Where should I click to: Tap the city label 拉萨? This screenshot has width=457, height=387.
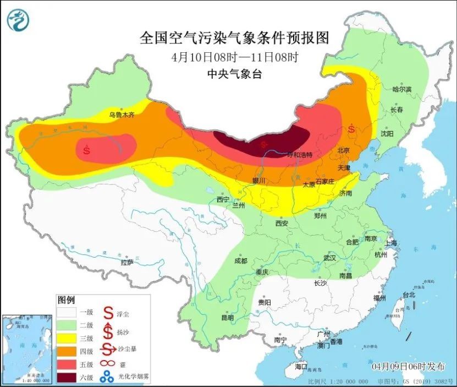pyautogui.click(x=127, y=263)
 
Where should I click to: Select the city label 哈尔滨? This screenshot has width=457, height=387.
pyautogui.click(x=402, y=89)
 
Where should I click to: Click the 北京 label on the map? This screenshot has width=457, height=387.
pyautogui.click(x=344, y=150)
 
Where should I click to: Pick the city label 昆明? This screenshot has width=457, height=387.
pyautogui.click(x=227, y=318)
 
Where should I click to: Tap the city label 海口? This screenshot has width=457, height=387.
pyautogui.click(x=301, y=366)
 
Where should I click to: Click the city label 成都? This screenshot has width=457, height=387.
pyautogui.click(x=240, y=260)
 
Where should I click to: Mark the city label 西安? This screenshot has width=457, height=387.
pyautogui.click(x=282, y=224)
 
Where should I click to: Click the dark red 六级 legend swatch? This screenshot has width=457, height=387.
pyautogui.click(x=69, y=378)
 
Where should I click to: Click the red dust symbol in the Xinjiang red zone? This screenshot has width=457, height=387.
pyautogui.click(x=87, y=149)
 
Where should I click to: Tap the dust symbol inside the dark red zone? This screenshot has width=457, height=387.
pyautogui.click(x=265, y=145)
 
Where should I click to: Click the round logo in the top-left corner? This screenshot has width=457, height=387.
pyautogui.click(x=18, y=20)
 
